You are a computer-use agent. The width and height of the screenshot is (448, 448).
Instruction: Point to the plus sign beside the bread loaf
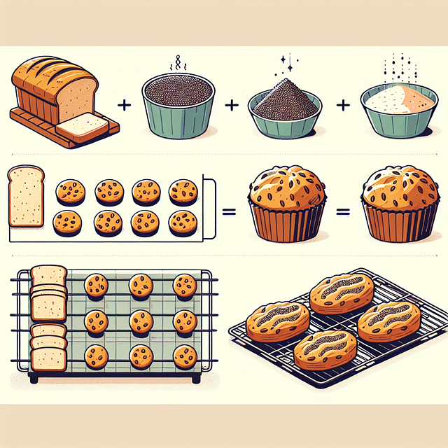125,106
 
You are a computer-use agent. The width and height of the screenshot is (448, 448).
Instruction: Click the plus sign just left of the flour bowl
343,106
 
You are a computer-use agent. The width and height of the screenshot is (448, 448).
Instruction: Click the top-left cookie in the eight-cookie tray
70,190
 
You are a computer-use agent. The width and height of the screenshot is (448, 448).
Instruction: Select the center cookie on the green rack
140,321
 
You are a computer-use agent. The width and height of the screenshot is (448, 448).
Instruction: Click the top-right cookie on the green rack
185,286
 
